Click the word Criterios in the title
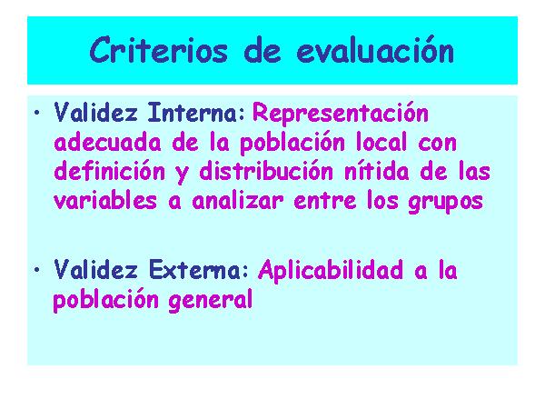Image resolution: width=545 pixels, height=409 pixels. pos(158,51)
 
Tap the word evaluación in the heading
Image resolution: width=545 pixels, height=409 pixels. pos(375,51)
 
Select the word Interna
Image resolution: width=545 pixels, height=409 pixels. pos(193,113)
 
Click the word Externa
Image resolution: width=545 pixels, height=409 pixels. pos(194,270)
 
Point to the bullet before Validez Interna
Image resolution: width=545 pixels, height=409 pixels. pos(37,113)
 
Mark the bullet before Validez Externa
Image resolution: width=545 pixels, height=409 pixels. pos(37,270)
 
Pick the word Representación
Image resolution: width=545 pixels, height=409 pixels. pos(341,113)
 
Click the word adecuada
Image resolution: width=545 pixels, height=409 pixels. pos(108,143)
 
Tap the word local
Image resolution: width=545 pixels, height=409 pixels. pos(381,143)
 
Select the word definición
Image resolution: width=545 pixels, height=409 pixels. pos(110,172)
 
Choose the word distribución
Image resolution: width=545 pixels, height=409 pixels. pos(266,172)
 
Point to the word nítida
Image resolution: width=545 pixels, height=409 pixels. pos(376,172)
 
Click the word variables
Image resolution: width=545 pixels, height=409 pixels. pos(105,201)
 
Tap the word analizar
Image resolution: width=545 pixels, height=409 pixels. pos(238,201)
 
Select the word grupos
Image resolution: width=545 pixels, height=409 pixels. pos(446,203)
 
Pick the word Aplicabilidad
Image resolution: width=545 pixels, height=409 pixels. pos(331,270)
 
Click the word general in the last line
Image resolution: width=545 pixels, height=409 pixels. pos(211,300)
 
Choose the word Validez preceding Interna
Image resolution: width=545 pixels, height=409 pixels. pos(96,113)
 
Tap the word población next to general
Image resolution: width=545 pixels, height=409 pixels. pos(105,300)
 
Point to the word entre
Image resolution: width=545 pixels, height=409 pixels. pos(325,201)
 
